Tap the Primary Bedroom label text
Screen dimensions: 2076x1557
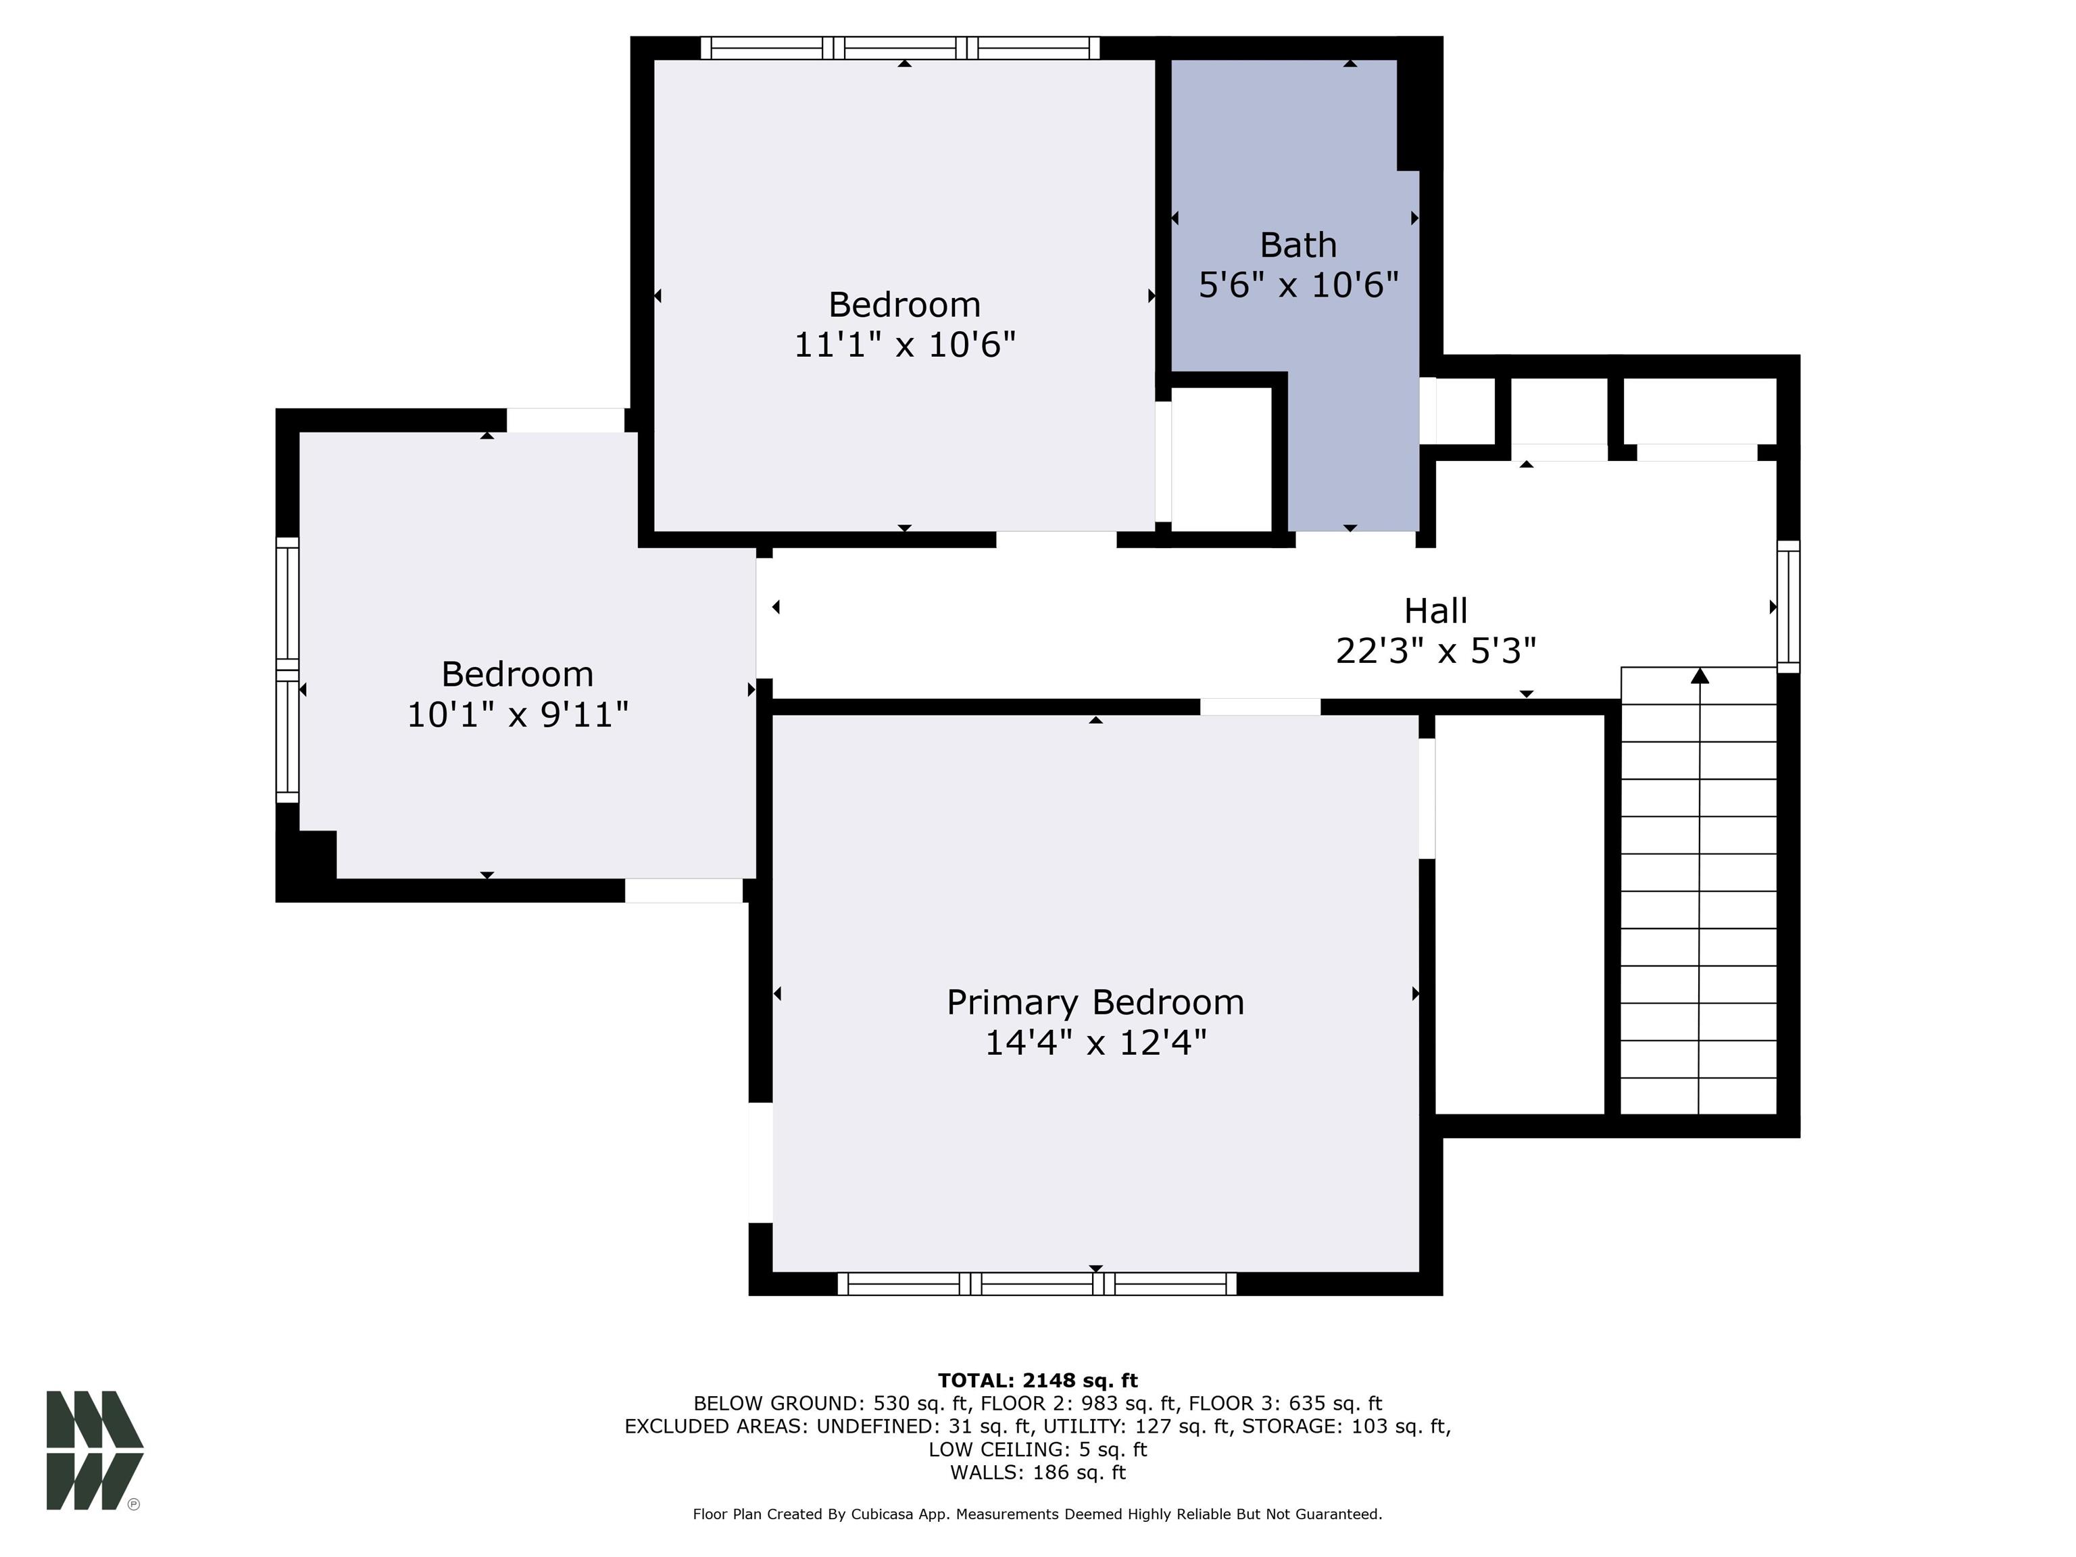tap(1095, 1002)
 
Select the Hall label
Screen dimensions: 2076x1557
tap(1436, 611)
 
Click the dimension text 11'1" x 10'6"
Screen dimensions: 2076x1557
tap(906, 345)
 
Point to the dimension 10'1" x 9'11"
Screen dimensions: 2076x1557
tap(517, 715)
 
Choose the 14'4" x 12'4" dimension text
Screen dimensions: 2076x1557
tap(1095, 1043)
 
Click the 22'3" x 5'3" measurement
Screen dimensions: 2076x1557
tap(1436, 650)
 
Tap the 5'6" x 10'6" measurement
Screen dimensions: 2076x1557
tap(1298, 285)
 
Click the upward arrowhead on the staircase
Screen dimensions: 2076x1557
tap(1700, 676)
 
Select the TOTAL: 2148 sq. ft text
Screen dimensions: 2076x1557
tap(1038, 1381)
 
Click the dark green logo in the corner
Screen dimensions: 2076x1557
tap(95, 1450)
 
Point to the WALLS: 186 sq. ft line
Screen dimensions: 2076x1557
tap(1038, 1473)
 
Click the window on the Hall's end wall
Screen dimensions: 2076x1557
tap(1789, 606)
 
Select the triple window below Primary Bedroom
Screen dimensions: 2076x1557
tap(1037, 1284)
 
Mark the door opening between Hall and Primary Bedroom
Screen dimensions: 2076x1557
tap(1260, 707)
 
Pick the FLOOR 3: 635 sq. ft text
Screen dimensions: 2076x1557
tap(1286, 1404)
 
